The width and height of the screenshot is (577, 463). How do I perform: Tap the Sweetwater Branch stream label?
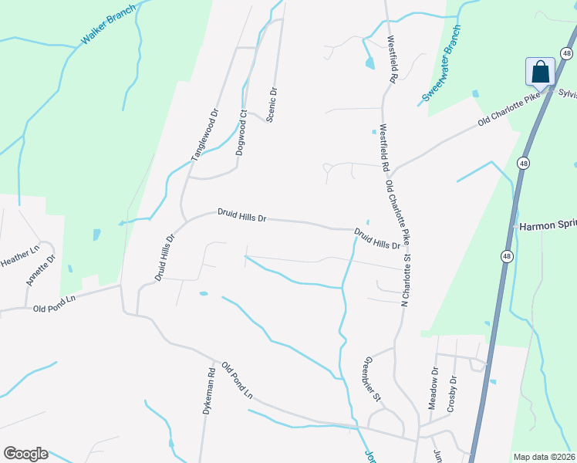[442, 65]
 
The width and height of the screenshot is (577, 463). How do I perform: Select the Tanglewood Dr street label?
[206, 134]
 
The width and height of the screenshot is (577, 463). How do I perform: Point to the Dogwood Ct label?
[241, 133]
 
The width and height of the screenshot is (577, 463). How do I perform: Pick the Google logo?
[25, 454]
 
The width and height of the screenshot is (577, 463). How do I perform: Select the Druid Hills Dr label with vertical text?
[164, 257]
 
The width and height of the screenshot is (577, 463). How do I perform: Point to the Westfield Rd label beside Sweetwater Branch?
[392, 59]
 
